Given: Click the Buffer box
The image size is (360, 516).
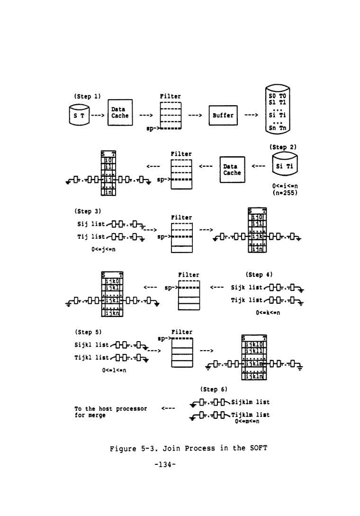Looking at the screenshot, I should [x=223, y=115].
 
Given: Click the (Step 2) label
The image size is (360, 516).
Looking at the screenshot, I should [x=283, y=147].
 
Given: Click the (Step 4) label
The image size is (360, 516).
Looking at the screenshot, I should [x=259, y=274].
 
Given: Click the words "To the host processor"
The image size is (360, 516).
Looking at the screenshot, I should [x=110, y=408].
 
